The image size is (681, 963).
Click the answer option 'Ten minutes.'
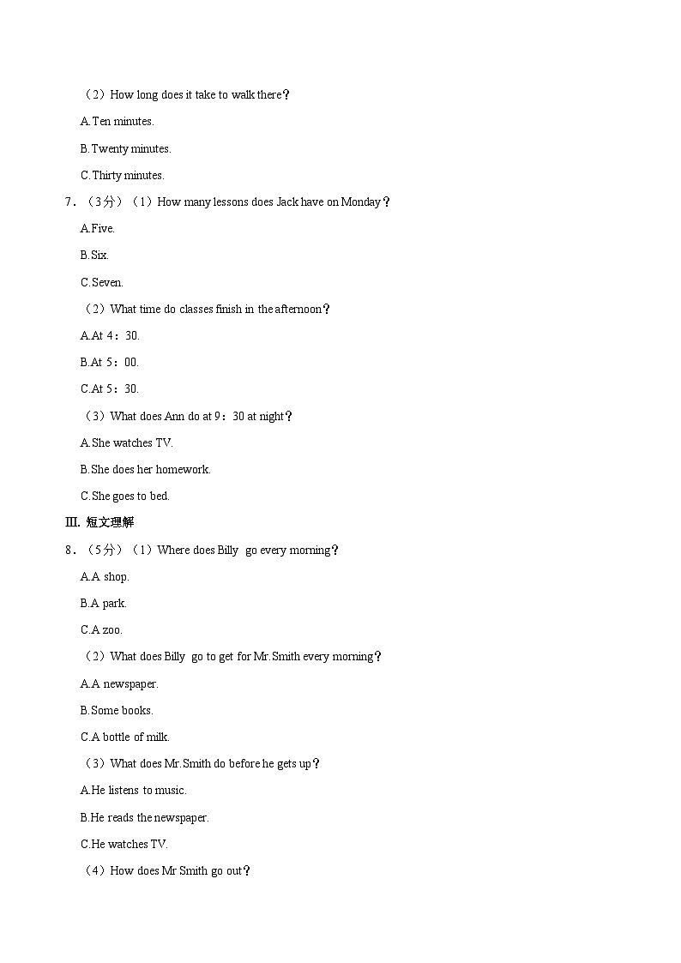coord(118,122)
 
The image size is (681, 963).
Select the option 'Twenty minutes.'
coord(126,148)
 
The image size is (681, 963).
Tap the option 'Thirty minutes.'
coord(123,175)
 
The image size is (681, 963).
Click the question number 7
coord(69,202)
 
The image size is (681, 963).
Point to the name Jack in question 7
coord(286,202)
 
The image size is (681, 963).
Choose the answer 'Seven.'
coord(102,282)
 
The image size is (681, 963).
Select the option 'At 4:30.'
coord(110,335)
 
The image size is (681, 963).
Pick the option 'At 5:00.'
coord(110,362)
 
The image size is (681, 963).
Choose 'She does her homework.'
coord(146,469)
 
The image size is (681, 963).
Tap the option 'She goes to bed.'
coord(125,496)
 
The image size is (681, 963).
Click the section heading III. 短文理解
coord(99,522)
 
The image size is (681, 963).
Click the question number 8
coord(69,550)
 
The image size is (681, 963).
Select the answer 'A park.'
coord(104,603)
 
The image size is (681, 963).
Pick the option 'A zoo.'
coord(102,629)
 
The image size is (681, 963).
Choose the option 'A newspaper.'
coord(120,683)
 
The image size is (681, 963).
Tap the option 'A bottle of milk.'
coord(125,737)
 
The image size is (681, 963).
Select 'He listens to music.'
coord(134,790)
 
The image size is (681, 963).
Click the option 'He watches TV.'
coord(124,844)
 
